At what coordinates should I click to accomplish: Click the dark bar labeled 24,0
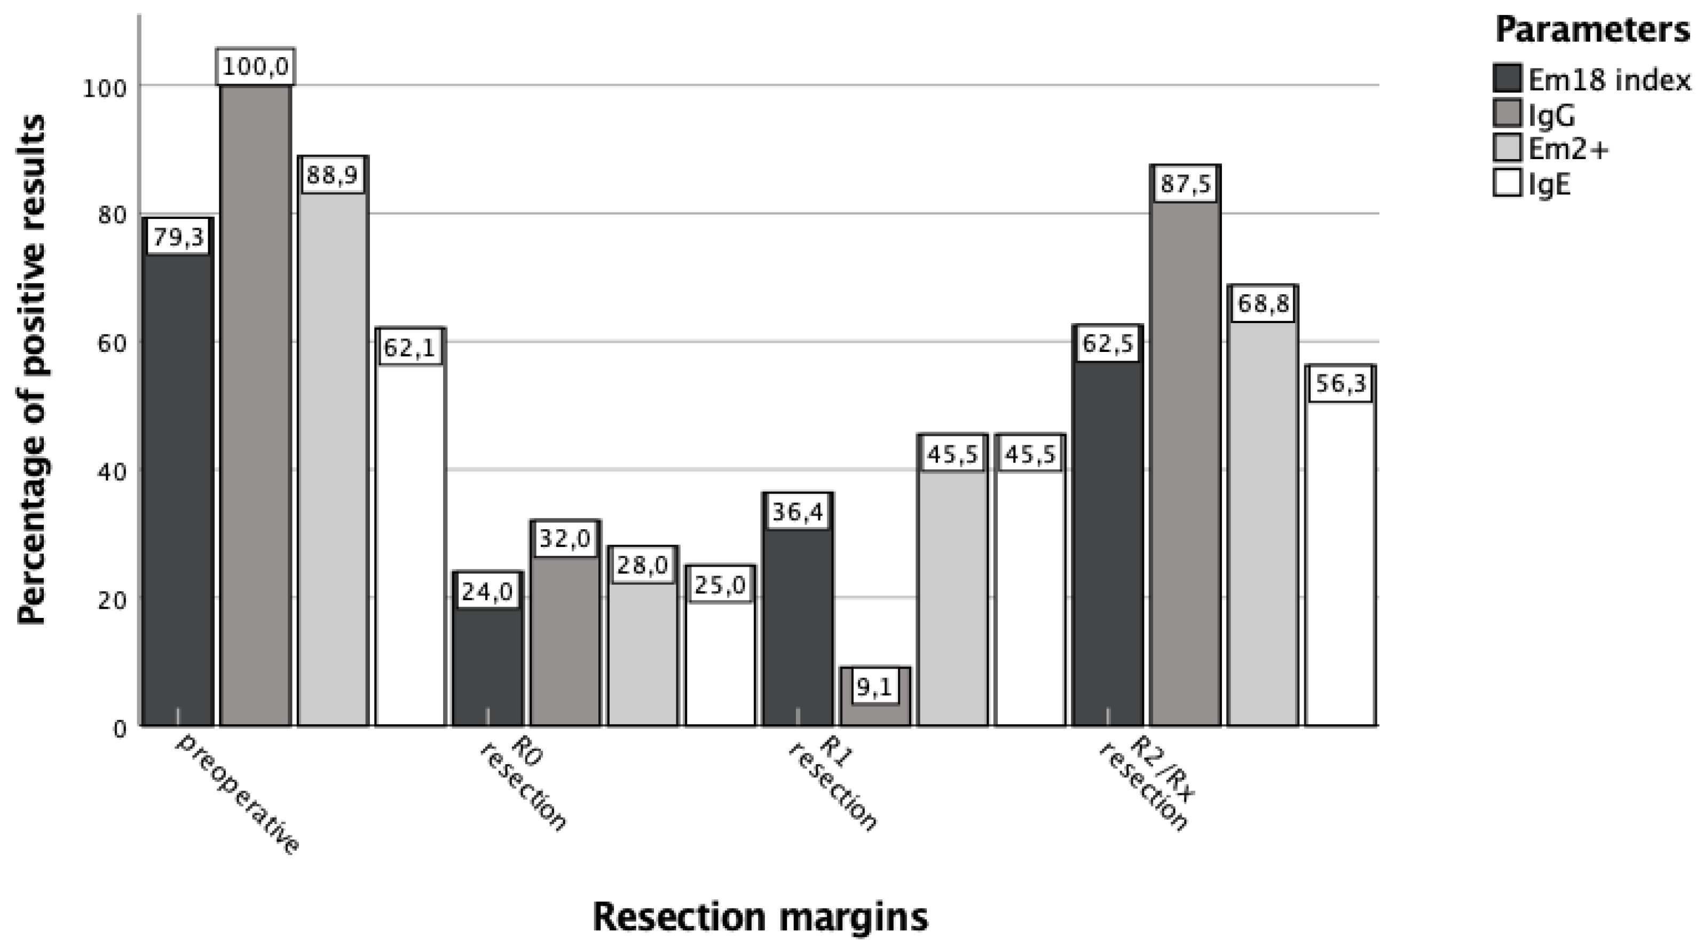487,662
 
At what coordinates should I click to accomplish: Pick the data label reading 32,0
564,539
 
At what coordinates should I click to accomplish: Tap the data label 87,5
1186,183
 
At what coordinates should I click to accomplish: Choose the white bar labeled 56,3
1341,562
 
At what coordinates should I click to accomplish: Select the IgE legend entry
1548,183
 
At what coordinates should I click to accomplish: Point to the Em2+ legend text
1568,149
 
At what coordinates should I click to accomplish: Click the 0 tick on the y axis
119,728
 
